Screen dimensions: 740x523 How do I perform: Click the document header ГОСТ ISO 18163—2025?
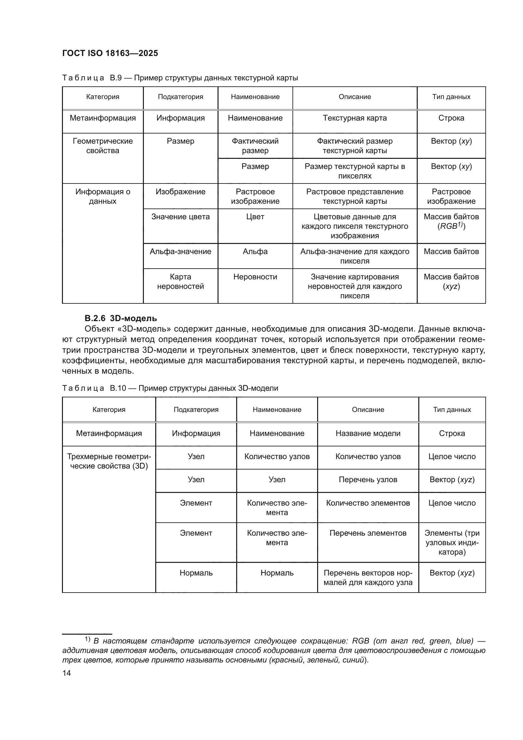coord(110,53)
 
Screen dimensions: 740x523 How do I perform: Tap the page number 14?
coord(67,673)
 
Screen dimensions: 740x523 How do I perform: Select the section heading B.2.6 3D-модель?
coord(121,319)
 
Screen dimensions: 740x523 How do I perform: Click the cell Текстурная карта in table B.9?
coord(354,118)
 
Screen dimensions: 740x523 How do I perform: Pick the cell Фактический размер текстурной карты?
coord(354,146)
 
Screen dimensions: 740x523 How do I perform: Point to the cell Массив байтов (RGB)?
coord(451,221)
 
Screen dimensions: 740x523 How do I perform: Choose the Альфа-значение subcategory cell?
coord(180,252)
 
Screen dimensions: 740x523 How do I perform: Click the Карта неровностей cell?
coord(180,281)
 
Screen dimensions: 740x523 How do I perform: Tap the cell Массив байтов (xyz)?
coord(451,281)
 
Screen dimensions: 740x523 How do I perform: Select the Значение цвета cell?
coord(180,217)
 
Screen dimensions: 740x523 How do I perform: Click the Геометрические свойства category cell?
coord(103,146)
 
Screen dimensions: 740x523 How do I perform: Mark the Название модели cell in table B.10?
coord(368,433)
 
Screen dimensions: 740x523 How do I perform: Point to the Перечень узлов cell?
coord(368,480)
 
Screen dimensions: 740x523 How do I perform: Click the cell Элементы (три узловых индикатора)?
coord(452,543)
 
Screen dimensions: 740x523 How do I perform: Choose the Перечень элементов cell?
coord(368,533)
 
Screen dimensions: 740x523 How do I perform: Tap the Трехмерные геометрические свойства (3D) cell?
coord(109,461)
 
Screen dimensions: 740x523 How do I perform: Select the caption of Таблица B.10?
coord(170,389)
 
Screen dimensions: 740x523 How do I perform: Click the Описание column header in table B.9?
coord(354,97)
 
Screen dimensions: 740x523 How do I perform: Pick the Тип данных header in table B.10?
coord(452,410)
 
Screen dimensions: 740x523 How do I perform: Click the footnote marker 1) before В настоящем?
coord(87,639)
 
